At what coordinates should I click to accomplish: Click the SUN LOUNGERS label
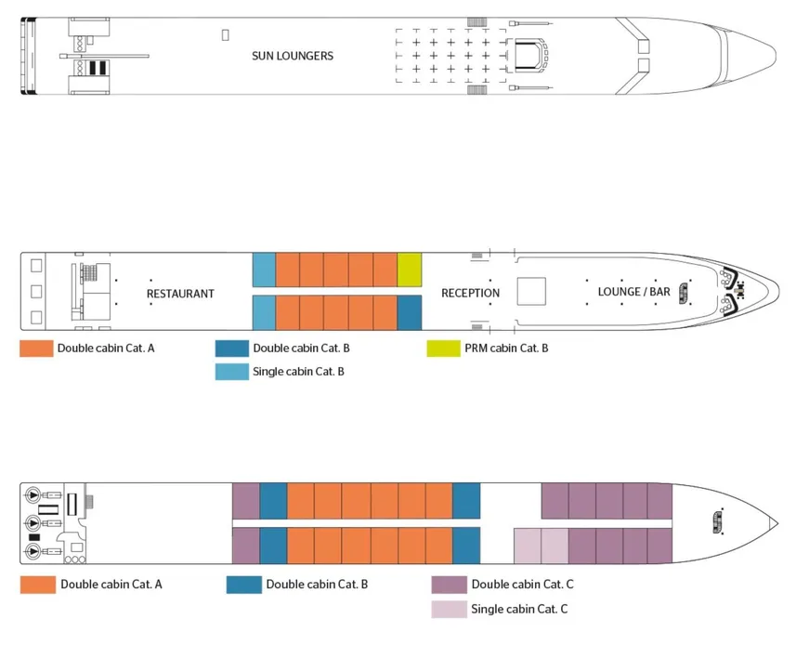293,56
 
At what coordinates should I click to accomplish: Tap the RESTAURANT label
180,294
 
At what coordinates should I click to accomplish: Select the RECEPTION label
470,294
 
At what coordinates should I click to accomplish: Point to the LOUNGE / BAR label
633,292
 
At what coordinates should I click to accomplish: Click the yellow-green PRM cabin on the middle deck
410,270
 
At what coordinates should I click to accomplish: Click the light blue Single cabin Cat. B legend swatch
230,372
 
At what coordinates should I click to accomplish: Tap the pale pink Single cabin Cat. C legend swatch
449,610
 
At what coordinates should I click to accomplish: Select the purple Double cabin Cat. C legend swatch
449,585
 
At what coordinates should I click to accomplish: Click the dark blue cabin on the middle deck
410,312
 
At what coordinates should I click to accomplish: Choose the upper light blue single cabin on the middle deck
264,270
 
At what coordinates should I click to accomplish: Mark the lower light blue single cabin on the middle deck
264,312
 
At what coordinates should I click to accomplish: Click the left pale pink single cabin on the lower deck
528,545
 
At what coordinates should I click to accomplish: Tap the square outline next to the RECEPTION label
532,292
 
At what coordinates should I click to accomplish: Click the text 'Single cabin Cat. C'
519,610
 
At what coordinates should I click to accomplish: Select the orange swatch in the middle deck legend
36,349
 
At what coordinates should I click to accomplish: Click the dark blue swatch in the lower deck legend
242,585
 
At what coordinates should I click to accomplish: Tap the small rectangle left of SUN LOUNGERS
226,34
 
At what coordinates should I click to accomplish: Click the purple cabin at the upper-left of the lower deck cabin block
245,501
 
